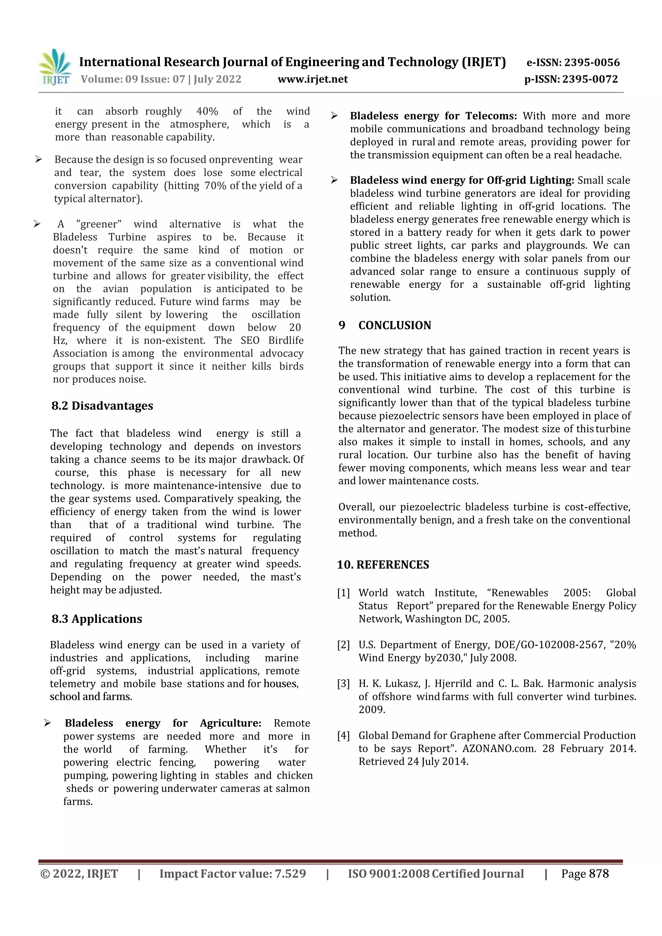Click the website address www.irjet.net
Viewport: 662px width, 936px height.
pyautogui.click(x=313, y=79)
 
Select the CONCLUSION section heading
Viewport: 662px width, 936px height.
pyautogui.click(x=394, y=325)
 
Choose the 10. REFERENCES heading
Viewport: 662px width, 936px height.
pyautogui.click(x=383, y=565)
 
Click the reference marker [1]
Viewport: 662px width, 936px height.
pyautogui.click(x=343, y=593)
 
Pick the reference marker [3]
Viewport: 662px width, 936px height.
pyautogui.click(x=343, y=684)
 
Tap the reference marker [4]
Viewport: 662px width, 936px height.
pyautogui.click(x=343, y=735)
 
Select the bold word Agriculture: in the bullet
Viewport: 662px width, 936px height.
pyautogui.click(x=230, y=723)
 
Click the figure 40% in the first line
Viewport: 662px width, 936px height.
pyautogui.click(x=207, y=111)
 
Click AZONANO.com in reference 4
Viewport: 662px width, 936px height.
pyautogui.click(x=499, y=749)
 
